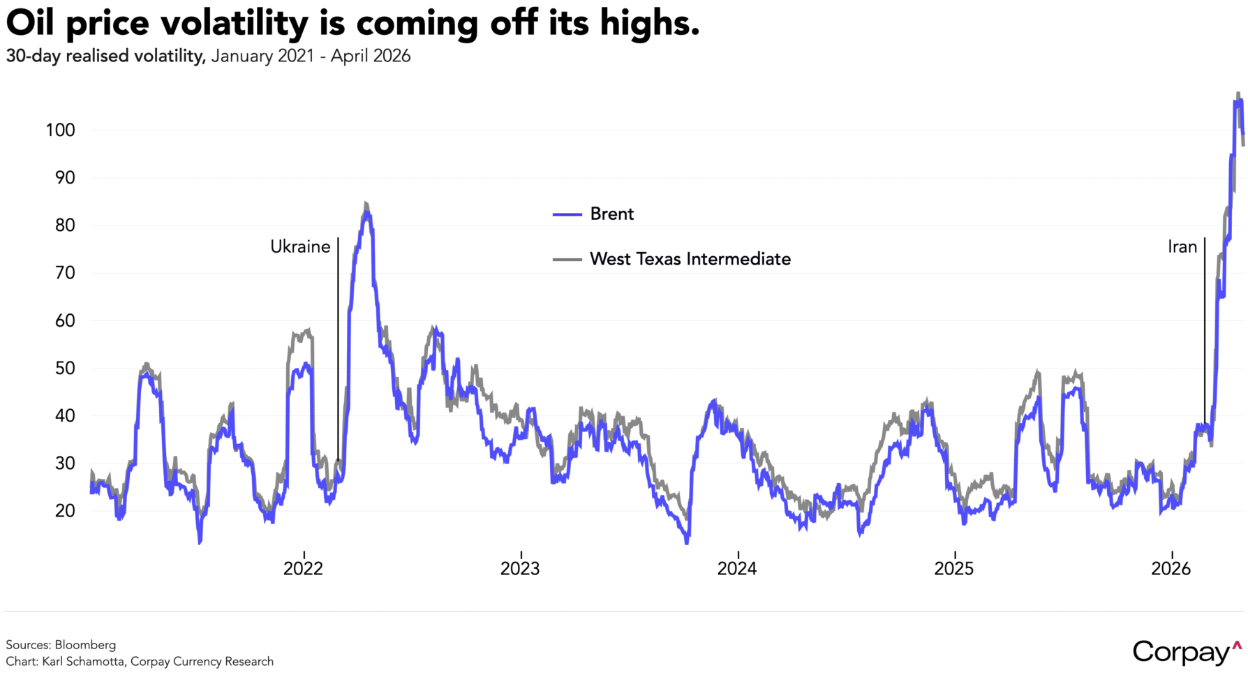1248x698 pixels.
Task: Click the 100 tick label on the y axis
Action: click(x=60, y=130)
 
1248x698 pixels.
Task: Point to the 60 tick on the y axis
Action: click(x=65, y=320)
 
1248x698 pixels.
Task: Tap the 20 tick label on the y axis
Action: click(x=65, y=510)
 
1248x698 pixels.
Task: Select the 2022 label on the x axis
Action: click(x=303, y=569)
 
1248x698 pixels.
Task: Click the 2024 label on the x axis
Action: click(x=737, y=569)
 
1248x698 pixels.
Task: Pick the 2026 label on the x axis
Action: click(x=1171, y=569)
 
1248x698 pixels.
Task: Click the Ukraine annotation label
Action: click(x=300, y=246)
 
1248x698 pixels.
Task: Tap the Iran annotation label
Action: click(x=1182, y=246)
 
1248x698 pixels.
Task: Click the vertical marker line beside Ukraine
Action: click(x=338, y=349)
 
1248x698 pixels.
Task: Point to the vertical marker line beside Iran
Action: click(x=1205, y=335)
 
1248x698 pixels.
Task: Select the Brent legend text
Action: click(x=611, y=214)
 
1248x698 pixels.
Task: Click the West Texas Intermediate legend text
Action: click(x=690, y=259)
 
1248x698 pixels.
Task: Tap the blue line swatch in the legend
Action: click(x=567, y=214)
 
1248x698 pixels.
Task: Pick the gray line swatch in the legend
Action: click(x=567, y=260)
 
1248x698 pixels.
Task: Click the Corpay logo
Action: click(x=1187, y=652)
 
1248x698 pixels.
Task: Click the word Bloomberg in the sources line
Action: click(x=85, y=645)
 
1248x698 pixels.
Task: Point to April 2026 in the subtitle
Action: click(x=371, y=56)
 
